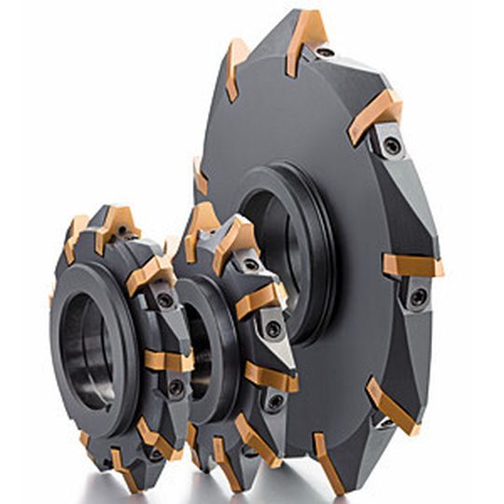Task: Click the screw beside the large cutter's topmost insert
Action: click(324, 52)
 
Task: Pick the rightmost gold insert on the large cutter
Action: click(412, 266)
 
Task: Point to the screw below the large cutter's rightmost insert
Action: click(417, 297)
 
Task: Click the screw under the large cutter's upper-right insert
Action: click(392, 146)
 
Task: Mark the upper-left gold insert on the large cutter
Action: click(236, 67)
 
